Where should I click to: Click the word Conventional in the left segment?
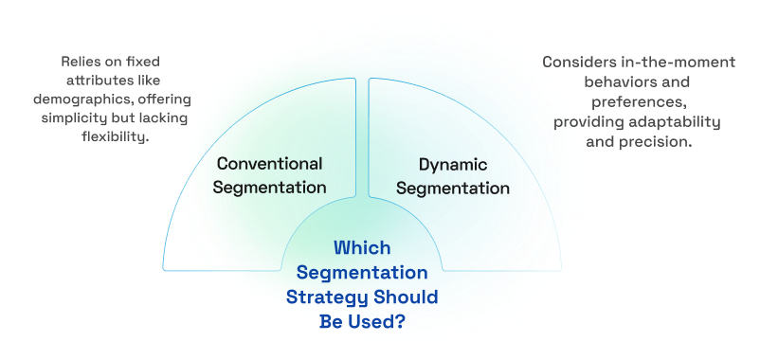(x=269, y=163)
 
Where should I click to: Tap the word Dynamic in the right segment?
(x=452, y=163)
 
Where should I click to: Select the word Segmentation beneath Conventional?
(x=269, y=187)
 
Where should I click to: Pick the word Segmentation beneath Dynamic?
(x=452, y=188)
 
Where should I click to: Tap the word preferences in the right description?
(x=638, y=99)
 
